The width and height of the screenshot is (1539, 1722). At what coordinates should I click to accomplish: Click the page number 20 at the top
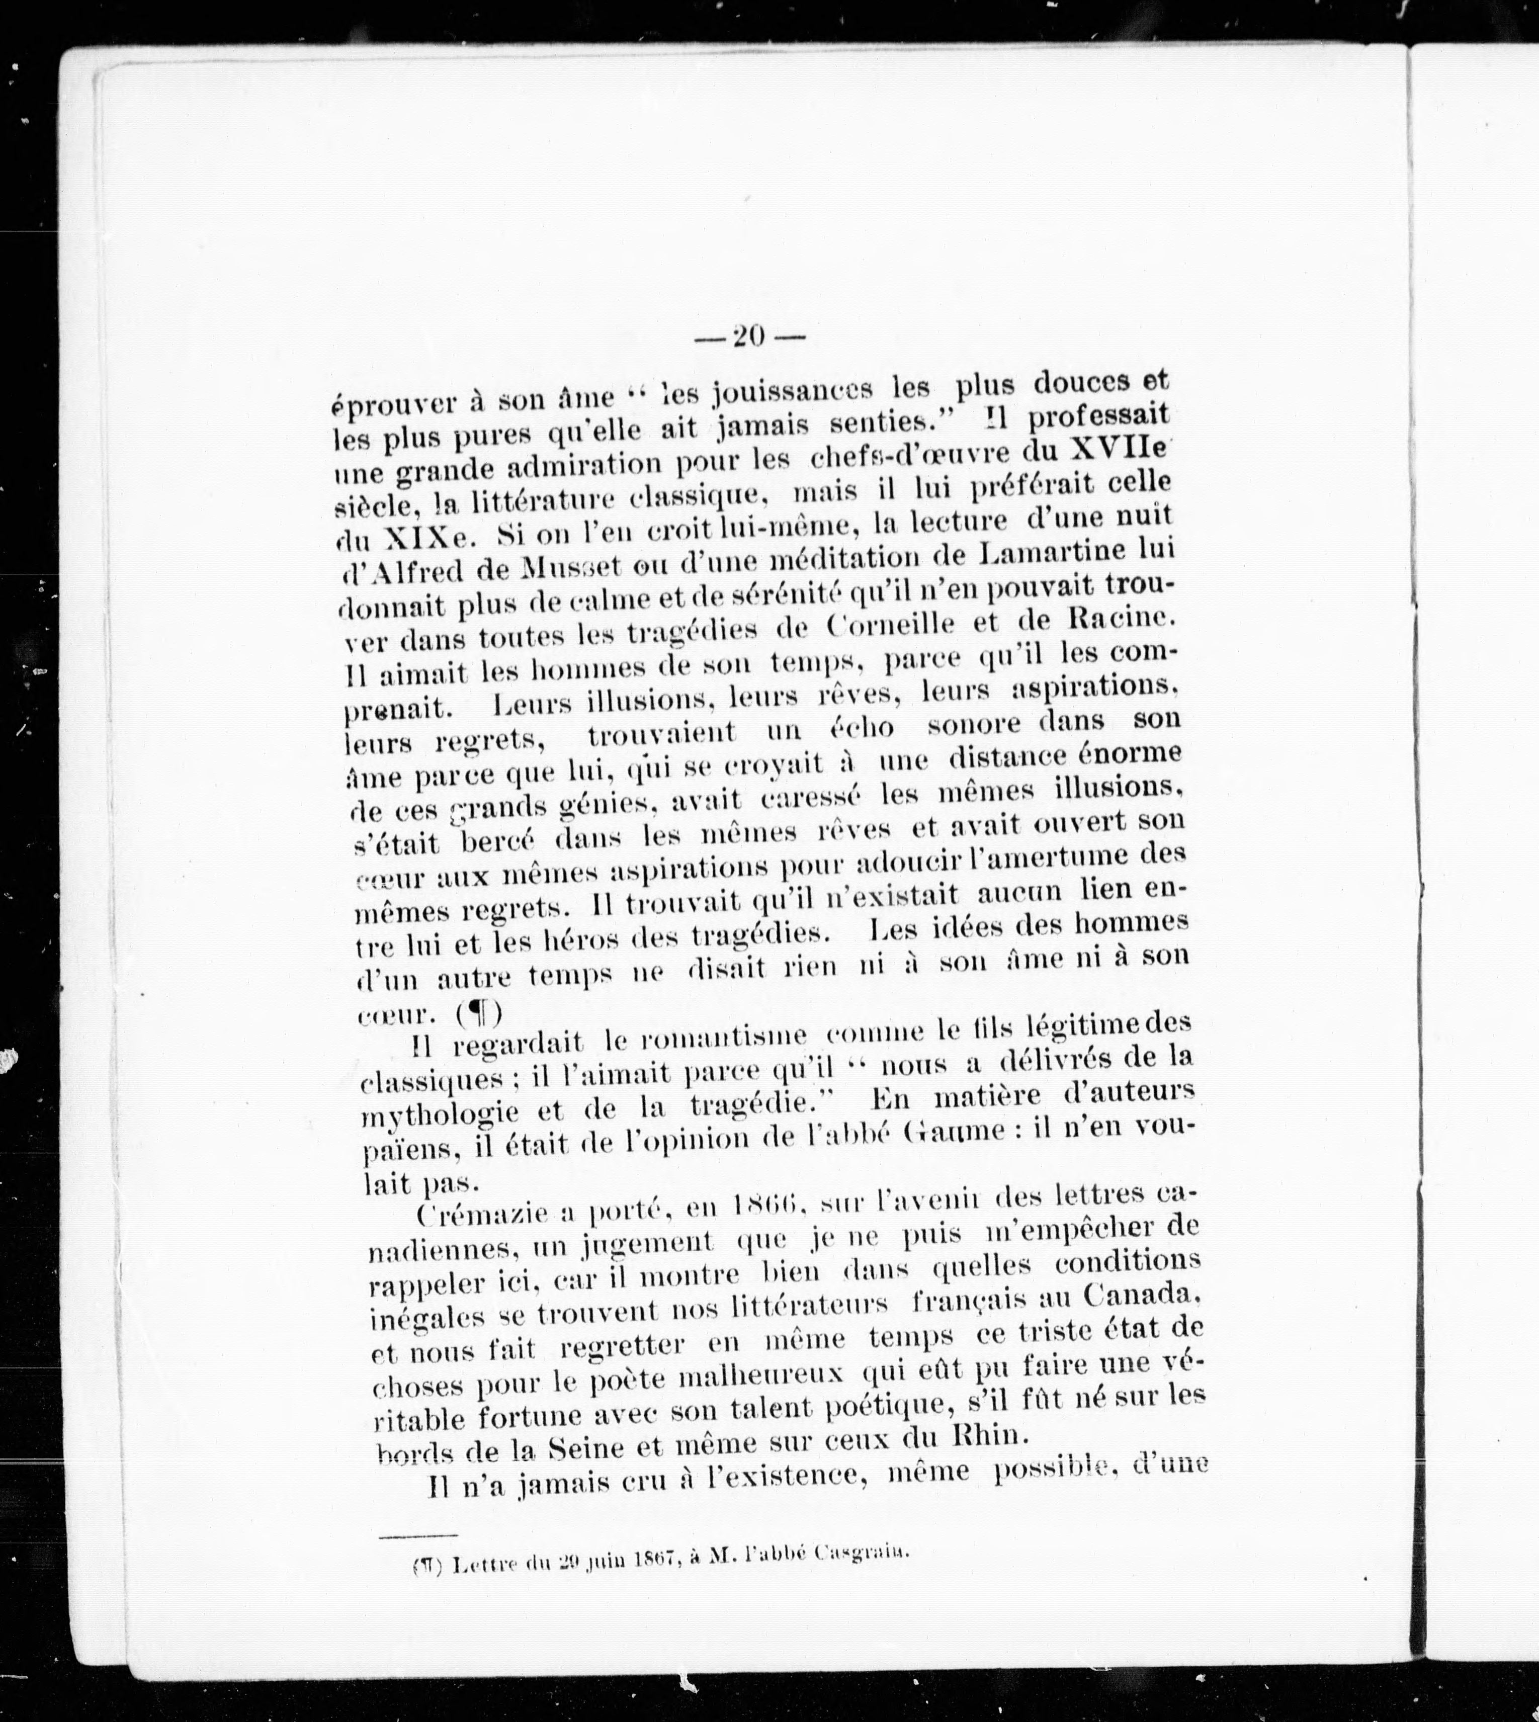coord(749,336)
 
